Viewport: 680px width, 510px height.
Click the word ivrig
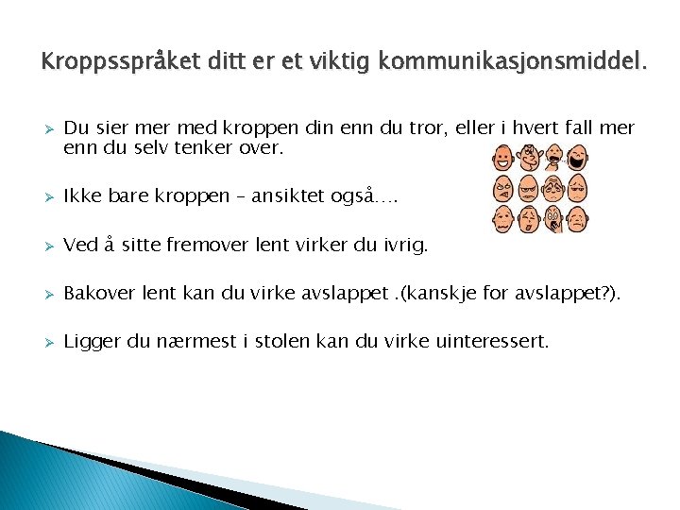(x=406, y=246)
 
